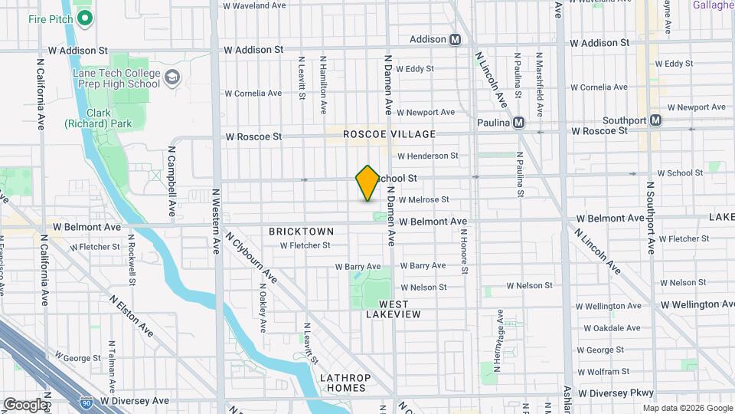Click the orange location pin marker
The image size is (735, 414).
(x=367, y=183)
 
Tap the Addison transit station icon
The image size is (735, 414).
(x=455, y=39)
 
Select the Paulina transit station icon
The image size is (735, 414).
(x=518, y=122)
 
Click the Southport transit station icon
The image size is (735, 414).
(x=655, y=120)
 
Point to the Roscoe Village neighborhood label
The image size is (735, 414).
(x=389, y=134)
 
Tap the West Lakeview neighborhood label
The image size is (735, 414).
(x=394, y=309)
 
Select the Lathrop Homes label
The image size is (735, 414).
(x=345, y=383)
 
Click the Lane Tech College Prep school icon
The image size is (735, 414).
(x=173, y=77)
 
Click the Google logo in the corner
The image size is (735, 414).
(x=24, y=404)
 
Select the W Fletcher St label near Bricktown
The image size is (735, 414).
(x=305, y=246)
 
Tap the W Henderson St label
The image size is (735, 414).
(x=426, y=156)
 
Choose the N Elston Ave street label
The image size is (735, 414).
(x=131, y=315)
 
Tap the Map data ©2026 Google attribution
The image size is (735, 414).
(x=687, y=407)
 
